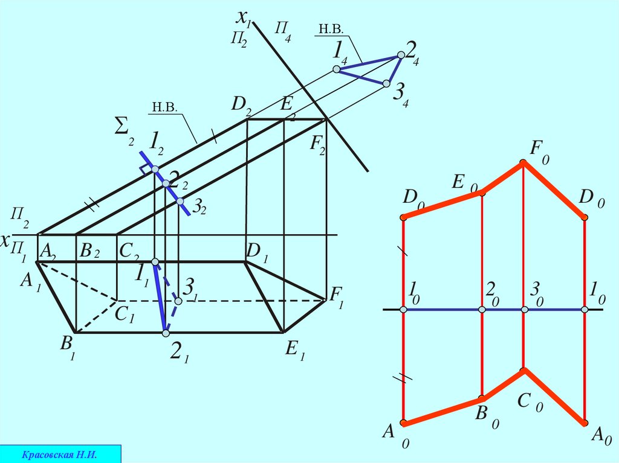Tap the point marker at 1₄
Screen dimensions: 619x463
click(x=337, y=70)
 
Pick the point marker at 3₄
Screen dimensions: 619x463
click(x=386, y=83)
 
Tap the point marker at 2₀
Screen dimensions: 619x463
click(x=482, y=310)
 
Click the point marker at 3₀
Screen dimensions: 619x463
click(x=524, y=310)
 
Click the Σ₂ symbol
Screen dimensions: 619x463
click(x=124, y=129)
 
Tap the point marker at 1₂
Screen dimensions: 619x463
click(x=155, y=169)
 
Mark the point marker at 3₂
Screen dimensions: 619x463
click(x=180, y=201)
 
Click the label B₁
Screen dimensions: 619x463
click(x=67, y=349)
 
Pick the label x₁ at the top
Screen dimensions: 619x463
click(x=244, y=19)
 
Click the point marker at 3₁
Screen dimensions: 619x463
click(x=178, y=300)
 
